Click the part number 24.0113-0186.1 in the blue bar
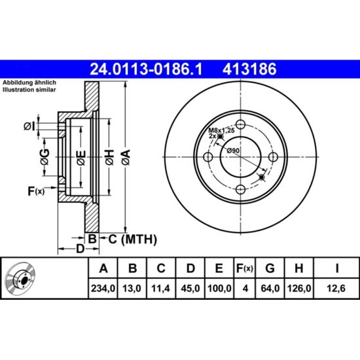tap(146, 69)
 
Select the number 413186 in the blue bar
tap(249, 69)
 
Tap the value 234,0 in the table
tap(103, 289)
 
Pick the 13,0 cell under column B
tap(132, 289)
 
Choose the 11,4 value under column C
tap(161, 289)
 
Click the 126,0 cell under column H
tap(299, 289)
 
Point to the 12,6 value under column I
tap(336, 289)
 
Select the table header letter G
tap(270, 268)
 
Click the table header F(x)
tap(245, 268)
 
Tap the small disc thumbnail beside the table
tap(21, 278)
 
